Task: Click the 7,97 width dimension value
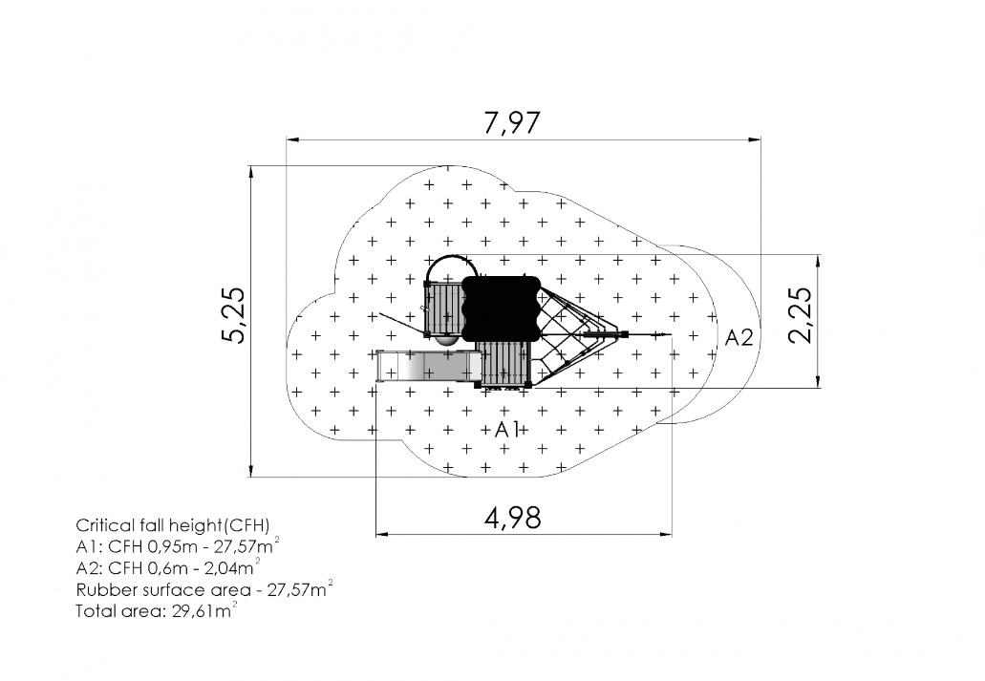click(511, 122)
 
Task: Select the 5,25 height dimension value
click(235, 315)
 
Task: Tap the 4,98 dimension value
click(513, 519)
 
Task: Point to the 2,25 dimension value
click(800, 315)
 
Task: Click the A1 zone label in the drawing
click(507, 430)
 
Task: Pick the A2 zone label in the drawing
click(739, 337)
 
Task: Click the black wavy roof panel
click(502, 308)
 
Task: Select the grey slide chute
click(428, 366)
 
